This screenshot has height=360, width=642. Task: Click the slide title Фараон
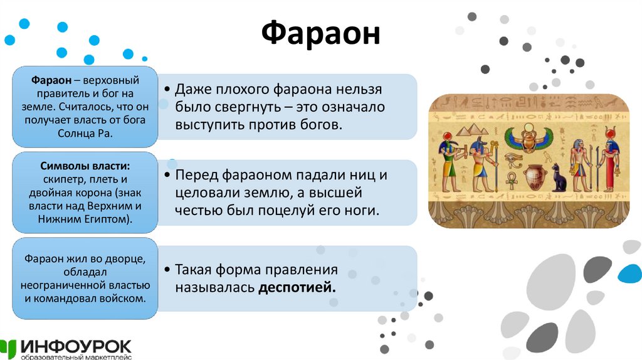tap(320, 34)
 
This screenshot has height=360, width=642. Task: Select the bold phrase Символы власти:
tap(85, 167)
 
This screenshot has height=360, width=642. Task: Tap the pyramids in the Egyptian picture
tap(471, 130)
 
